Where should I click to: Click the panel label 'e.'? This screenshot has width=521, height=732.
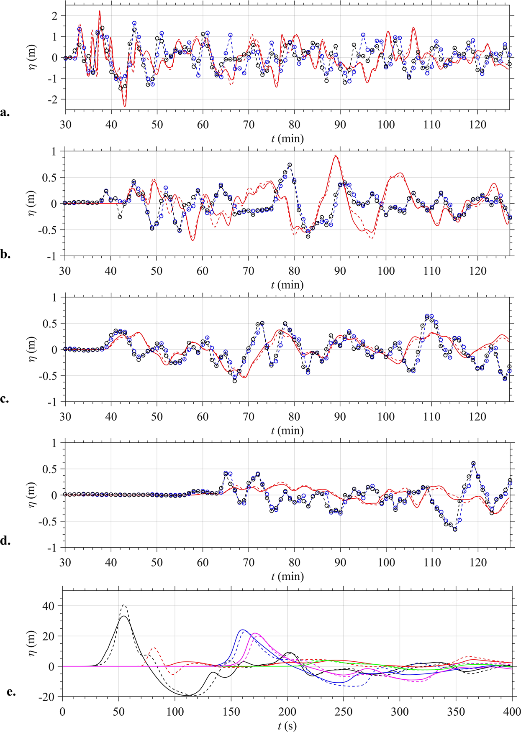pos(11,691)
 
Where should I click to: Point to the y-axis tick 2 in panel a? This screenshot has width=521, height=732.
pos(56,15)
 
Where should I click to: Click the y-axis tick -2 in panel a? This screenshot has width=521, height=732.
pos(54,99)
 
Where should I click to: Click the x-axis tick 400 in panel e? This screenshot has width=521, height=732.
pos(512,711)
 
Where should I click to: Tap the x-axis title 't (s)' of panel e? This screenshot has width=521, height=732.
pos(287,726)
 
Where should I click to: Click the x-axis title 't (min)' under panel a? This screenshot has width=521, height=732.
pos(287,138)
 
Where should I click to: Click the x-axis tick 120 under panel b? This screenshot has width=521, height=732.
pos(477,271)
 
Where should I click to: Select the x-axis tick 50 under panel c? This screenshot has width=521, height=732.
pos(157,417)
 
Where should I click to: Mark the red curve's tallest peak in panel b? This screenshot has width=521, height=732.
pos(336,156)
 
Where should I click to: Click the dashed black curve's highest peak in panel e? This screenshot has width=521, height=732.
pos(123,604)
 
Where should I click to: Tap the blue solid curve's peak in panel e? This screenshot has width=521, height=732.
pos(242,630)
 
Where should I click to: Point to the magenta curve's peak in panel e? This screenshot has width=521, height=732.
pos(255,633)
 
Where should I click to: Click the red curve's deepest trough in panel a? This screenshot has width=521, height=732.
pos(124,106)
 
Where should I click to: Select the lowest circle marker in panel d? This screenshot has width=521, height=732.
pos(455,529)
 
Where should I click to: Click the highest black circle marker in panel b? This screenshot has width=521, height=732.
pos(290,165)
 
